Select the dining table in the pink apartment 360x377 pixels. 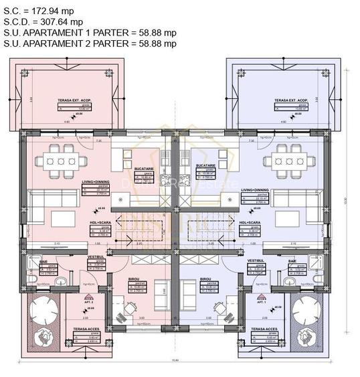click(61, 161)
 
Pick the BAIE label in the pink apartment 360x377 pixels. click(33, 262)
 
